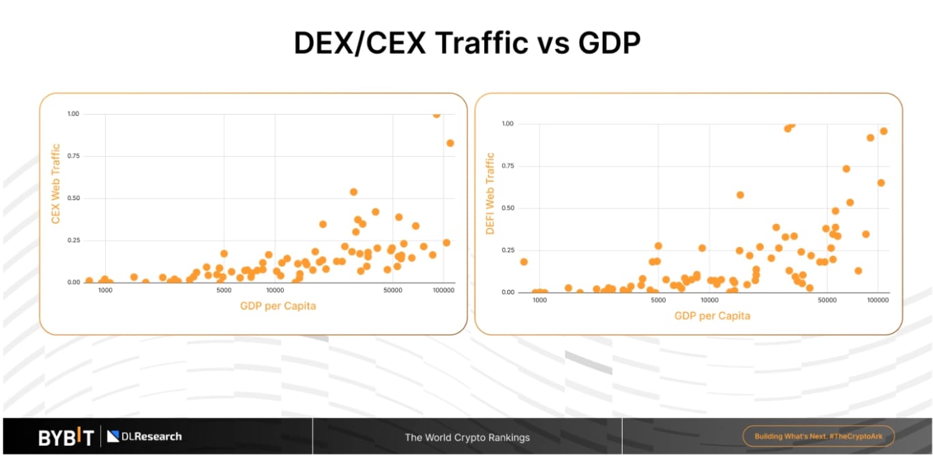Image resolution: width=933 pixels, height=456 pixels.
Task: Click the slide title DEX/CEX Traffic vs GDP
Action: point(466,43)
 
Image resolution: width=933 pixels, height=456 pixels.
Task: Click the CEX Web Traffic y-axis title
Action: point(56,183)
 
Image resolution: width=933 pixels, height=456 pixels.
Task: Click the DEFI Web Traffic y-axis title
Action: point(490,193)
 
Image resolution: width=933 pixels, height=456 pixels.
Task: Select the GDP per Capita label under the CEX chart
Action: point(278,306)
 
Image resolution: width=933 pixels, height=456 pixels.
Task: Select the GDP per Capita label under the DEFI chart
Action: point(712,316)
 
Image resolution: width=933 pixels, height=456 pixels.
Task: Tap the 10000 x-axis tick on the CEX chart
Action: point(275,291)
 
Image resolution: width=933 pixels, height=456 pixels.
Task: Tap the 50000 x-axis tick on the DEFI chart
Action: point(827,300)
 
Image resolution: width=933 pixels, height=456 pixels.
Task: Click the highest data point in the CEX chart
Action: point(436,115)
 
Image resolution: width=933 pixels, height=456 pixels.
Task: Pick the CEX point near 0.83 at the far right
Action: point(450,143)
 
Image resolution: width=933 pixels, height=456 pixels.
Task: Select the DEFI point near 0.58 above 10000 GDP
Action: point(740,195)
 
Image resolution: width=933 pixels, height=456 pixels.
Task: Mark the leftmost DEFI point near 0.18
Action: point(524,262)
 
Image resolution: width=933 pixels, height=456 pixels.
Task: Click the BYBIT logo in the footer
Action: point(66,437)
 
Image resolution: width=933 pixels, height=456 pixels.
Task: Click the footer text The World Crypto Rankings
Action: point(467,438)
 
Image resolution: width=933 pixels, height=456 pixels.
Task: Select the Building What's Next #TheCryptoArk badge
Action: point(818,436)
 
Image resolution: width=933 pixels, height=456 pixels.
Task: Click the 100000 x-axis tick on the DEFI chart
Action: point(878,300)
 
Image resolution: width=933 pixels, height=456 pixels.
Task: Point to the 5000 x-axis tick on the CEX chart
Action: point(224,291)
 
